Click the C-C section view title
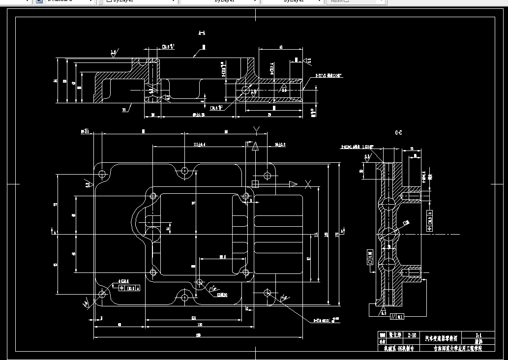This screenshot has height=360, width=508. (x=398, y=133)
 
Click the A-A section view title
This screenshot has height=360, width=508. (x=202, y=33)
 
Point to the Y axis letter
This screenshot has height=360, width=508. (x=256, y=129)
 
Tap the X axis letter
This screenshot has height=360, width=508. (x=308, y=184)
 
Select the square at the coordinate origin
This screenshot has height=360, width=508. (x=255, y=184)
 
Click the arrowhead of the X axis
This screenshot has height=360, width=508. (x=293, y=184)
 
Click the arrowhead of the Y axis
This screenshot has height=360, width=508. (x=255, y=147)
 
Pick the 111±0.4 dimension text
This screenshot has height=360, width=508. (x=199, y=144)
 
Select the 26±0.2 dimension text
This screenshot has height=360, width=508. (x=280, y=144)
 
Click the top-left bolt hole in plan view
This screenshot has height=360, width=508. (x=102, y=174)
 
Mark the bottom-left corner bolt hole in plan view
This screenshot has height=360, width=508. (x=102, y=294)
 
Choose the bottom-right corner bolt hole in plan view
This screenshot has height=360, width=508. (x=268, y=293)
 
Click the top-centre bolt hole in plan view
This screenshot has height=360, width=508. (x=184, y=171)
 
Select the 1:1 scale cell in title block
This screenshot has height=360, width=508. (x=478, y=335)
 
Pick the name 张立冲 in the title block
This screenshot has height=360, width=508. (x=395, y=335)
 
